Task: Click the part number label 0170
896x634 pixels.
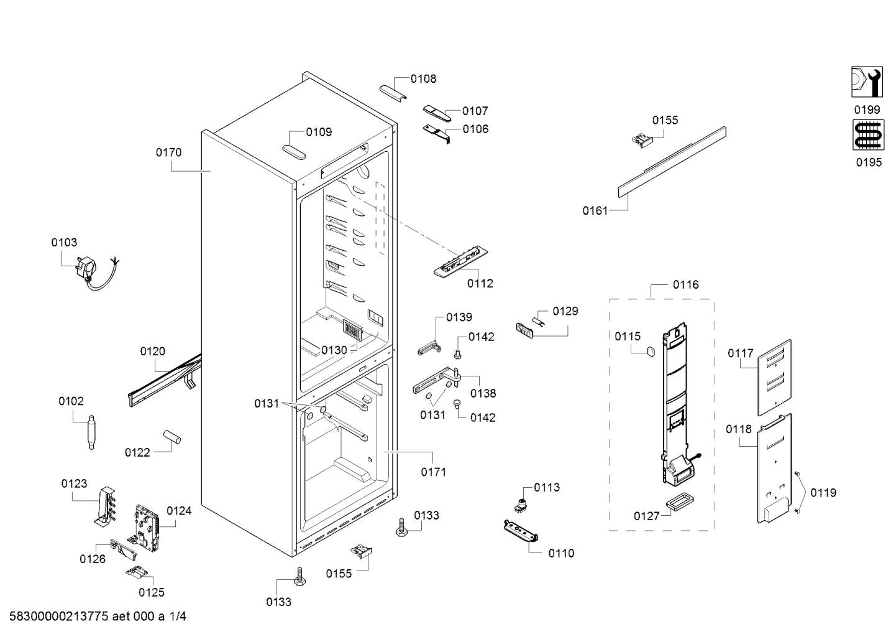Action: coord(168,152)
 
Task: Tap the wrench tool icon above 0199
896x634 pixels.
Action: coord(867,82)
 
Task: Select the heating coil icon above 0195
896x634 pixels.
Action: coord(868,135)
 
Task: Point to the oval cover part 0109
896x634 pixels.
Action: coord(294,152)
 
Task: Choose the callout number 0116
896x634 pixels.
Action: coord(685,285)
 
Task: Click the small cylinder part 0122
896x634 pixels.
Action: coord(171,437)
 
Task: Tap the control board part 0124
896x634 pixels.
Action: coord(145,528)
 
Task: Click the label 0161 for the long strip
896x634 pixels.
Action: coord(595,211)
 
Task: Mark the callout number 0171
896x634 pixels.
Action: coord(433,472)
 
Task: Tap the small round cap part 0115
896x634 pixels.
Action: coord(651,352)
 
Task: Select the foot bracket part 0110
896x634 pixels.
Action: coord(521,531)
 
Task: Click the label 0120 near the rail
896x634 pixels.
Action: coord(152,352)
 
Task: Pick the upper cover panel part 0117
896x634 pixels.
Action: coord(774,378)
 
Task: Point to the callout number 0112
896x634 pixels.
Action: coord(480,284)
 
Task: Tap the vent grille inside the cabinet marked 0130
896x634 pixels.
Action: coord(352,330)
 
